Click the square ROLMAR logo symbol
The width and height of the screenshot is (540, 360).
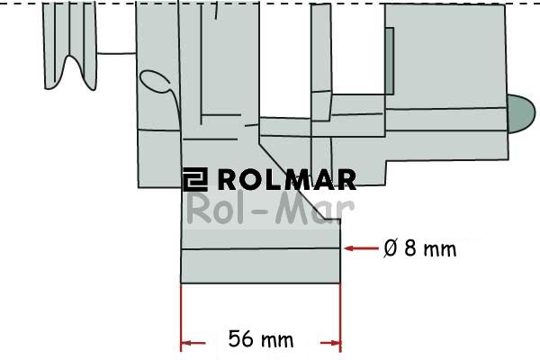pyautogui.click(x=194, y=179)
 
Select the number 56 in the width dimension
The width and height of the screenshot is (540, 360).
pyautogui.click(x=241, y=339)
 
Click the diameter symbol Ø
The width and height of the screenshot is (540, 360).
pyautogui.click(x=390, y=248)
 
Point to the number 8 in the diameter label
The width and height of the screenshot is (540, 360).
pyautogui.click(x=410, y=248)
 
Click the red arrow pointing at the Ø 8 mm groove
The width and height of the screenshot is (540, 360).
pyautogui.click(x=360, y=248)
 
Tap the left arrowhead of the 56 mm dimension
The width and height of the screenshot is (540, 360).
pyautogui.click(x=187, y=343)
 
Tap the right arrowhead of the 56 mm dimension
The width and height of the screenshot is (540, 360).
pyautogui.click(x=335, y=343)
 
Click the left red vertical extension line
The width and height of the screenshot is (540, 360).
pyautogui.click(x=181, y=315)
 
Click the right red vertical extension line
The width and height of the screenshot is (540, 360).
pyautogui.click(x=341, y=315)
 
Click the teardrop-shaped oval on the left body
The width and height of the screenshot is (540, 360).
pyautogui.click(x=157, y=82)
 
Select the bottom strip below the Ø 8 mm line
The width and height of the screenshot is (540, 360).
pyautogui.click(x=261, y=265)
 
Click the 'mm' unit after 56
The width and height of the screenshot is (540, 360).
pyautogui.click(x=277, y=339)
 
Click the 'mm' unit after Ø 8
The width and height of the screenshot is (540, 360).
pyautogui.click(x=440, y=248)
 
